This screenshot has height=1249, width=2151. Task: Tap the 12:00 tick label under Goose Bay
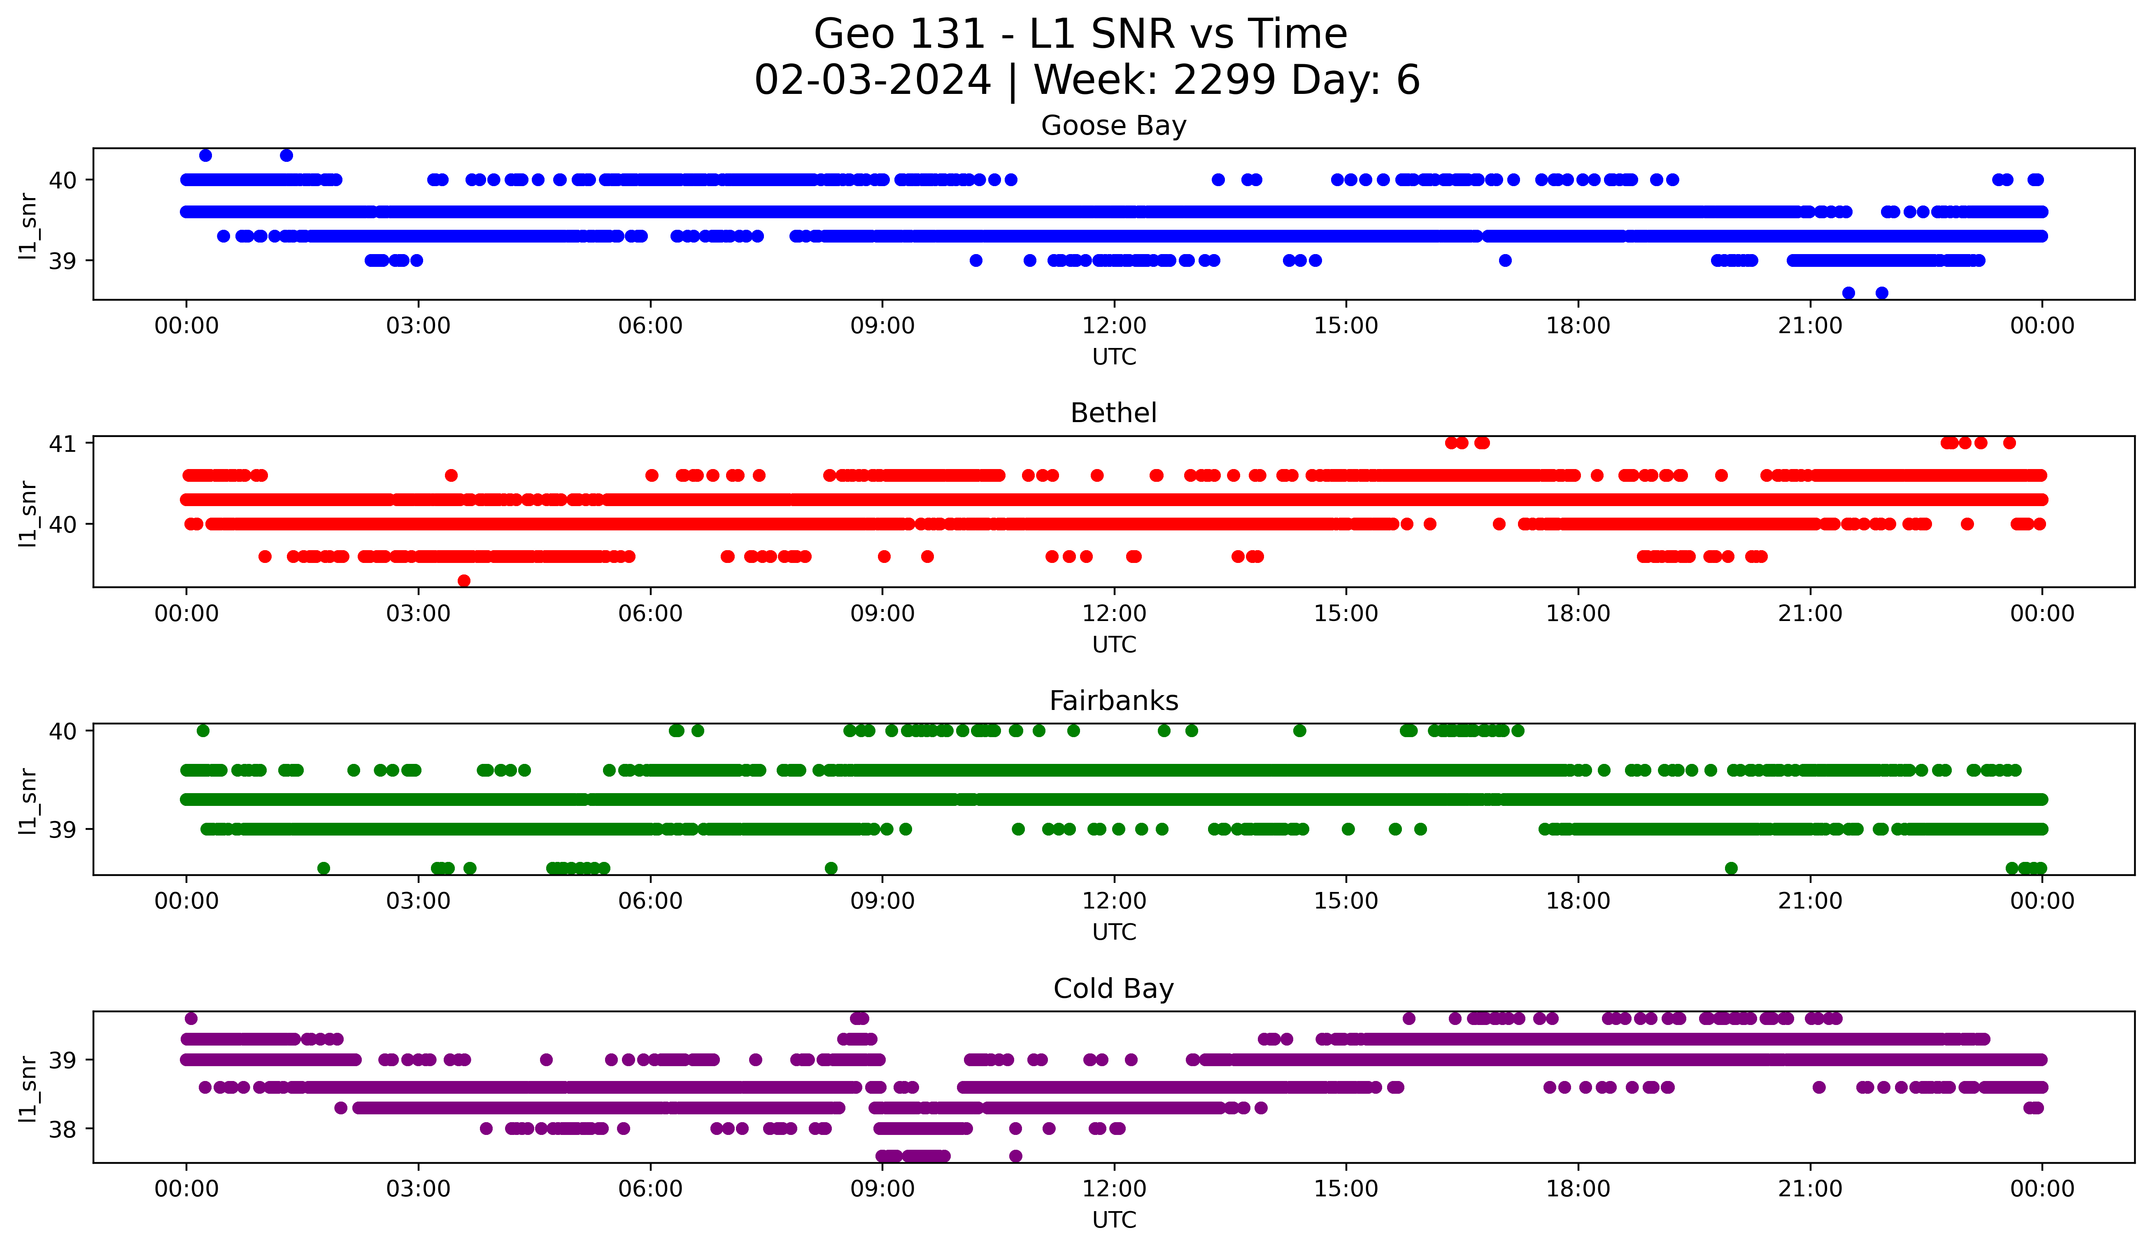[1114, 326]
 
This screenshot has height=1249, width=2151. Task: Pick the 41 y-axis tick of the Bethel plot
[62, 443]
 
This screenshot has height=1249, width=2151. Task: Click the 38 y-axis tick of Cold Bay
[62, 1130]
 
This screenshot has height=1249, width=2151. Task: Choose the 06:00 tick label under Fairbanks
[650, 901]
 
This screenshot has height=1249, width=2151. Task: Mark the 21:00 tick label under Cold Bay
[1809, 1189]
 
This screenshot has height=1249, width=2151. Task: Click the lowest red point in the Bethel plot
[464, 581]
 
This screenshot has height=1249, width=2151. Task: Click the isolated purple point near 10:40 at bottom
[1015, 1156]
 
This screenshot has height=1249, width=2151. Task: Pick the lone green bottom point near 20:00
[1731, 868]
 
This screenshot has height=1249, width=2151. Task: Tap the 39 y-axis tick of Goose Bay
[62, 260]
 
